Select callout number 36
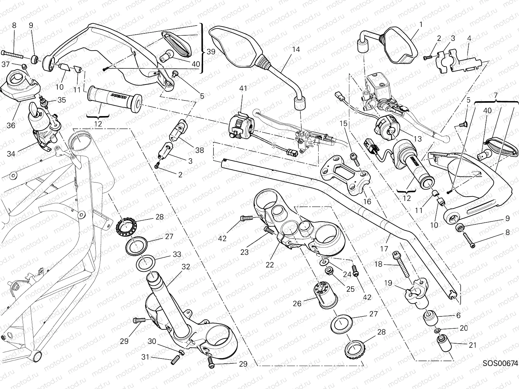[x=11, y=125]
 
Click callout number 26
[x=297, y=303]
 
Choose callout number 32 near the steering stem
[x=186, y=267]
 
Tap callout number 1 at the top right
[x=421, y=24]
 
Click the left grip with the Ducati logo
[x=114, y=98]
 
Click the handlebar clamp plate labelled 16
[x=345, y=173]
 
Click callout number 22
[x=270, y=265]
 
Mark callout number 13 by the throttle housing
[x=418, y=139]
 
